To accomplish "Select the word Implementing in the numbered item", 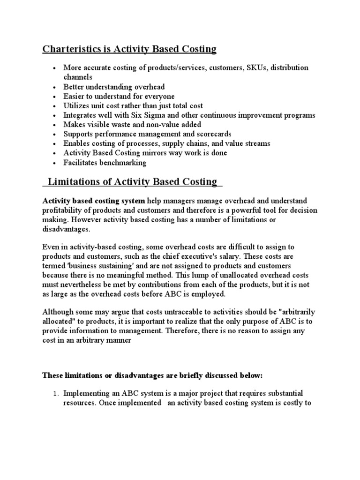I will point(87,393).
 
